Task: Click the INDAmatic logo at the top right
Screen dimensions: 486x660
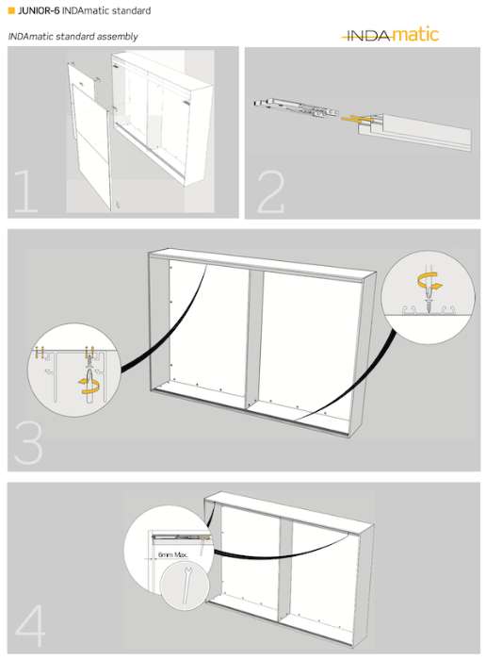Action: pyautogui.click(x=390, y=35)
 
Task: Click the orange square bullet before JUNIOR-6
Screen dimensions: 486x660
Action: pyautogui.click(x=11, y=11)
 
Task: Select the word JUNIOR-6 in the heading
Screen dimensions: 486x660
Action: pyautogui.click(x=39, y=11)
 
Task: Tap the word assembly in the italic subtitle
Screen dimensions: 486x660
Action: pyautogui.click(x=117, y=37)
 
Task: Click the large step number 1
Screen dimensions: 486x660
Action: pyautogui.click(x=26, y=191)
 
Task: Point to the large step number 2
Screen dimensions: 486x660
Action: pyautogui.click(x=270, y=192)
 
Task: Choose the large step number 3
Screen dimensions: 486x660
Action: pyautogui.click(x=28, y=443)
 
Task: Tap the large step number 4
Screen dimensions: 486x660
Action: pyautogui.click(x=30, y=625)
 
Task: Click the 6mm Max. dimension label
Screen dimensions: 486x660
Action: pyautogui.click(x=172, y=555)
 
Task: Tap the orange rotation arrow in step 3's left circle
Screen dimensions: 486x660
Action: pyautogui.click(x=89, y=386)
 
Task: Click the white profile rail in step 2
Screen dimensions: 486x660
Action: pyautogui.click(x=415, y=131)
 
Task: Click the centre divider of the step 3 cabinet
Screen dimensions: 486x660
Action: pyautogui.click(x=253, y=339)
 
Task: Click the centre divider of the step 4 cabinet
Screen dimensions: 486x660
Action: pyautogui.click(x=285, y=569)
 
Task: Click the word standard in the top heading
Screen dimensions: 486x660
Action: pyautogui.click(x=131, y=11)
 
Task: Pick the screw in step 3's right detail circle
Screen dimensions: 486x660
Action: pyautogui.click(x=429, y=302)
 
